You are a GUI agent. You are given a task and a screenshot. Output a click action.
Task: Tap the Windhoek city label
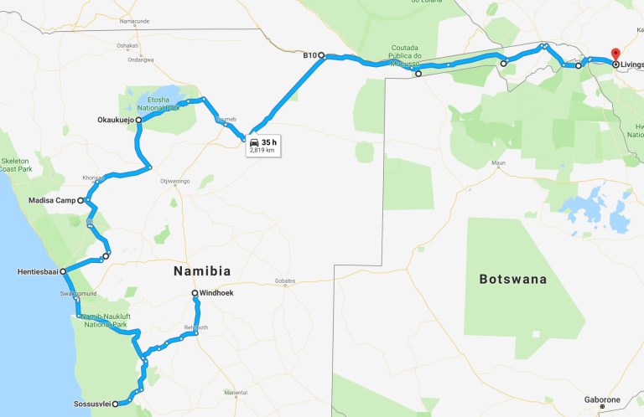coord(214,293)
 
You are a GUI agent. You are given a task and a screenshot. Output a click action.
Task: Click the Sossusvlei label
coord(90,404)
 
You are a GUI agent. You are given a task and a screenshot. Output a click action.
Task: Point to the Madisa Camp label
coord(53,201)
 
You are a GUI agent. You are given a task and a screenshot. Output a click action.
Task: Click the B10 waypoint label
coord(309,56)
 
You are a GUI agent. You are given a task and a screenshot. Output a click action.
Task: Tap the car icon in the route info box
coord(254,143)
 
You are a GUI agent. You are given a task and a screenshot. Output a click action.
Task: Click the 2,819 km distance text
coord(262,151)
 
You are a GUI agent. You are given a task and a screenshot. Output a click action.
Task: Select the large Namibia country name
coord(201,270)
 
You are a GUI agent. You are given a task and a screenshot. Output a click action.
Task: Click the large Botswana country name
coord(512,279)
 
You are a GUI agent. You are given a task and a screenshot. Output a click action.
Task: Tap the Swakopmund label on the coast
coord(78,295)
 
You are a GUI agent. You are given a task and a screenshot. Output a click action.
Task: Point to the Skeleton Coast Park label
coord(17,163)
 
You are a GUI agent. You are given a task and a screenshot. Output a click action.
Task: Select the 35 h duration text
coord(268,142)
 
